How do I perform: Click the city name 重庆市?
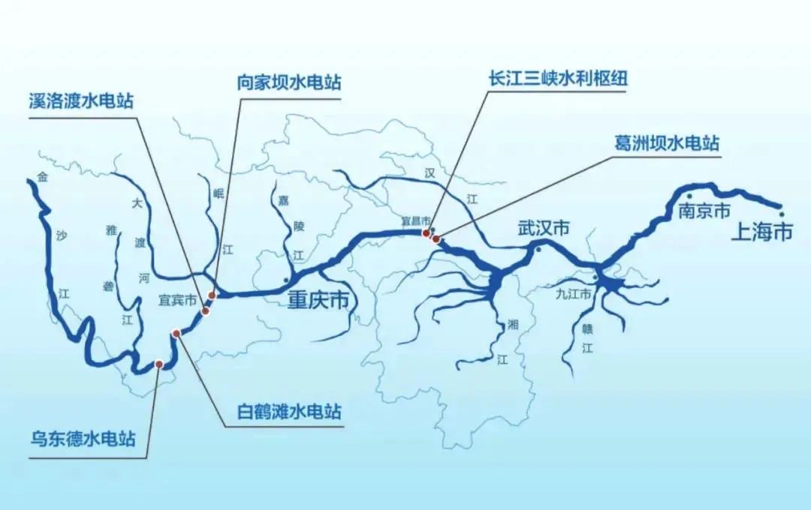[x=318, y=301]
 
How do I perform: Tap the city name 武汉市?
[x=543, y=229]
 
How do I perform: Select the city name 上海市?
[x=761, y=232]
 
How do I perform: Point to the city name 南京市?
[x=704, y=211]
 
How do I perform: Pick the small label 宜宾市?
[x=177, y=300]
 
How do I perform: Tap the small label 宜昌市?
[x=415, y=221]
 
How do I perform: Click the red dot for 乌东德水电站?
[x=159, y=364]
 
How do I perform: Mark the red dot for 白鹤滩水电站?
[x=176, y=333]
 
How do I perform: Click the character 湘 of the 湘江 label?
[x=513, y=325]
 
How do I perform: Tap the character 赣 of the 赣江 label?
[x=588, y=328]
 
